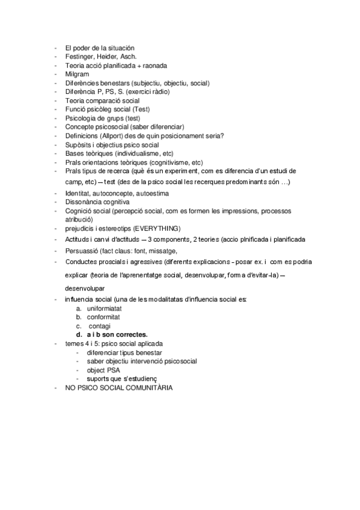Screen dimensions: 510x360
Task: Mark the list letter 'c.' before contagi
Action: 79,325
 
